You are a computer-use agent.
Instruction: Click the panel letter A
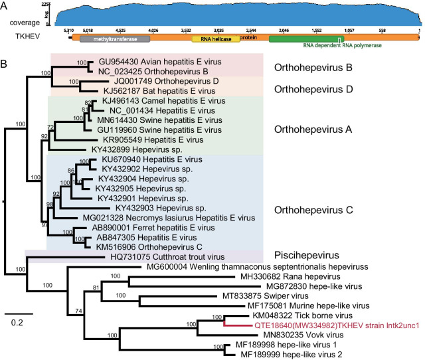point(5,5)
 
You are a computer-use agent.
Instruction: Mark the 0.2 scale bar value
point(21,323)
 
